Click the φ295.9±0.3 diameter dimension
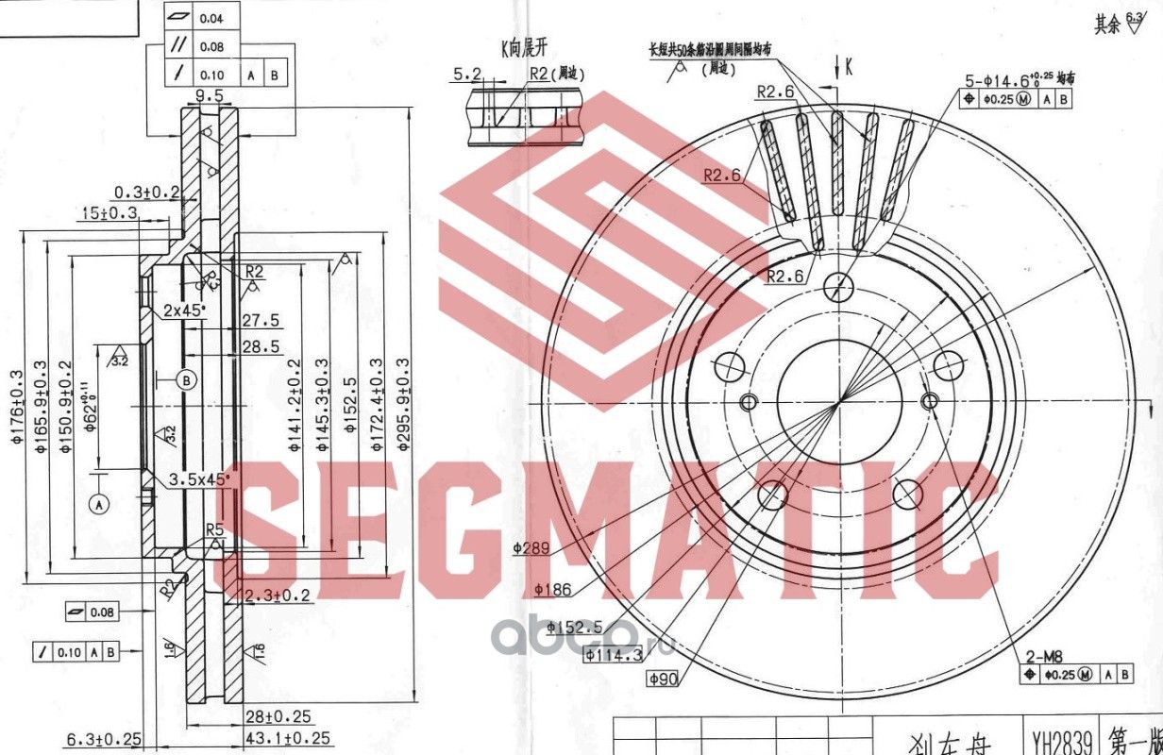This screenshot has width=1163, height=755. click(x=402, y=404)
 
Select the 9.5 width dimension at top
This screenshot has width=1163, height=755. click(x=209, y=95)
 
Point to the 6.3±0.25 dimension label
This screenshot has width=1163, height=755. click(x=105, y=737)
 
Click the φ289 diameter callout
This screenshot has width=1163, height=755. click(x=531, y=546)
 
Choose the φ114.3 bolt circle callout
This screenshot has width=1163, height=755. click(x=612, y=653)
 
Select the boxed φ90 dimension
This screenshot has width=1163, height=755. click(x=665, y=678)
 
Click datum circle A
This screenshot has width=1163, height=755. click(x=99, y=505)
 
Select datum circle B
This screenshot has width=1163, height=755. click(x=187, y=380)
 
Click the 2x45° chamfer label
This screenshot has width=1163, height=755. click(x=183, y=310)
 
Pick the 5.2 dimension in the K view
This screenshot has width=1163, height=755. click(x=466, y=73)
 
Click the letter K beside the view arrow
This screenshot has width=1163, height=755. click(x=850, y=66)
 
